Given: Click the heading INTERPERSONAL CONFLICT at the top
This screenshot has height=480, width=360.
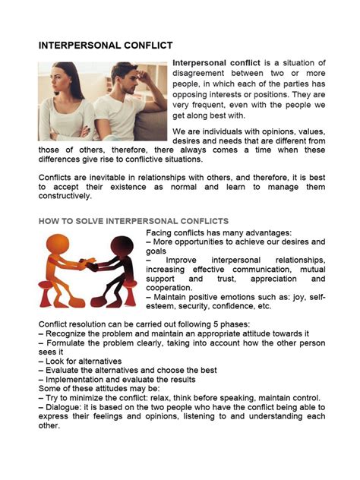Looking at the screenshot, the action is (x=106, y=46).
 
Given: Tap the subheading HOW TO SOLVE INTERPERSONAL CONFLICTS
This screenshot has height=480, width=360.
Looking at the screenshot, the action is (x=133, y=220).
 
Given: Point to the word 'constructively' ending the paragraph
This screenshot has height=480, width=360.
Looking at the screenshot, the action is (x=65, y=196).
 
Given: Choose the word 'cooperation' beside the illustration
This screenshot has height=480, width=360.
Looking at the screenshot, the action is (x=170, y=288).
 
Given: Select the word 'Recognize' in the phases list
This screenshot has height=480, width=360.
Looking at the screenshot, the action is (x=68, y=333).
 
